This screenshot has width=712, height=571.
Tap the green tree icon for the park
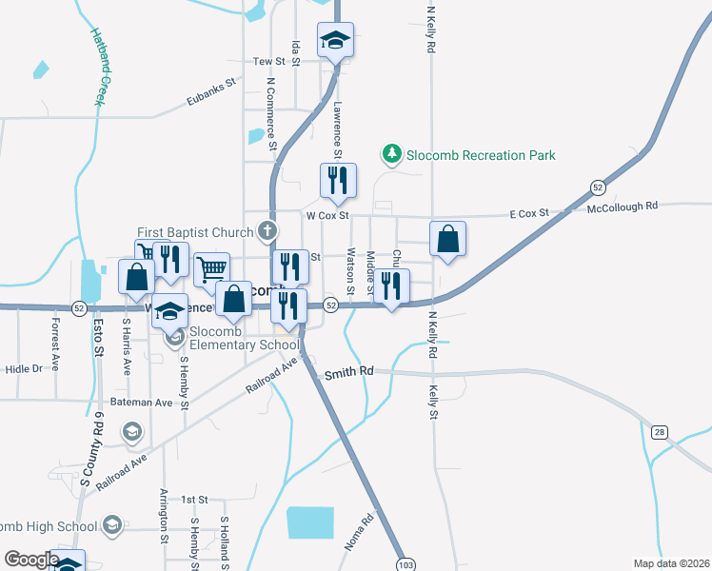pyautogui.click(x=390, y=153)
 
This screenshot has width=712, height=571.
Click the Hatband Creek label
pyautogui.click(x=99, y=65)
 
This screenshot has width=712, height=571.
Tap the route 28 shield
pyautogui.click(x=660, y=433)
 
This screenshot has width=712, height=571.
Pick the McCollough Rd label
pyautogui.click(x=623, y=206)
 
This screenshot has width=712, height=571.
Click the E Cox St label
pyautogui.click(x=529, y=213)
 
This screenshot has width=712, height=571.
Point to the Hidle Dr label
pyautogui.click(x=24, y=368)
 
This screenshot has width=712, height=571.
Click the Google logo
pyautogui.click(x=31, y=560)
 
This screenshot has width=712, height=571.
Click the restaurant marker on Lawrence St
pyautogui.click(x=337, y=181)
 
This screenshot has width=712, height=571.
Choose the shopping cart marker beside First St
pyautogui.click(x=211, y=269)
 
